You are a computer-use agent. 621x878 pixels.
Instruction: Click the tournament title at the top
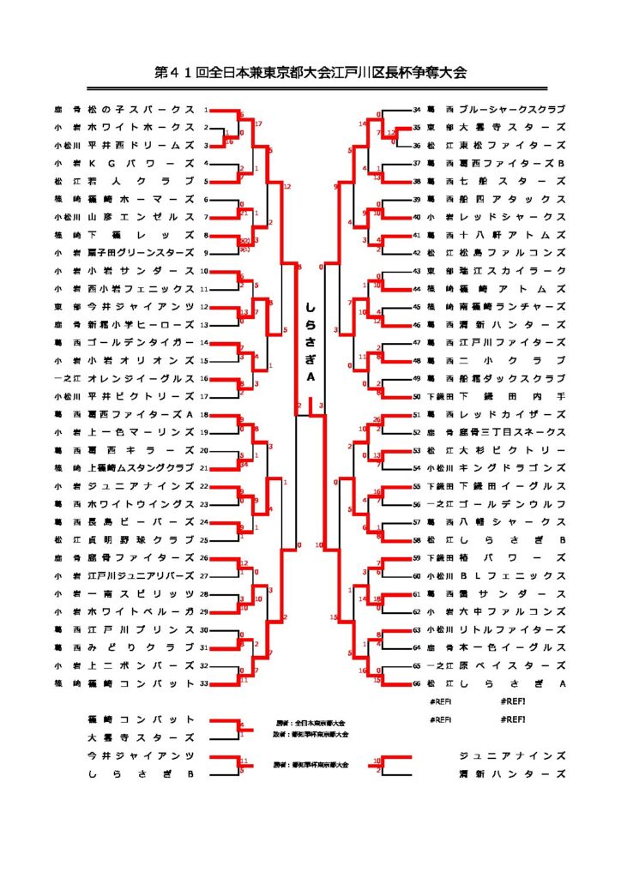[x=310, y=73]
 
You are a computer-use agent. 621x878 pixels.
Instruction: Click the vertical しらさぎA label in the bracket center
[x=310, y=343]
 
